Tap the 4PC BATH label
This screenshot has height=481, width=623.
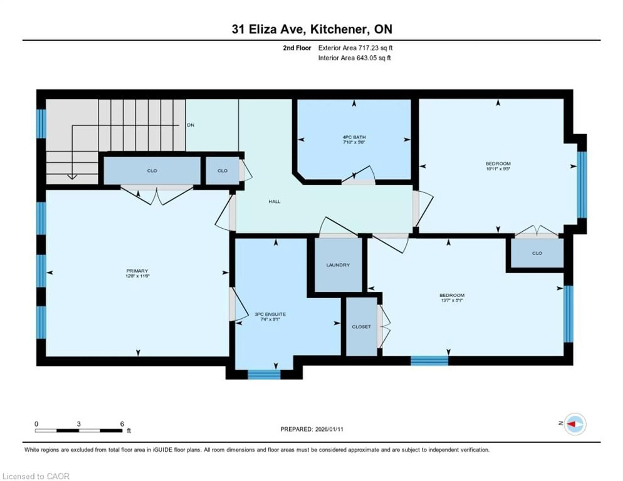(354, 137)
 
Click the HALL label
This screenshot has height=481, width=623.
(274, 202)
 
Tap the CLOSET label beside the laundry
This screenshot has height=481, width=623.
(361, 327)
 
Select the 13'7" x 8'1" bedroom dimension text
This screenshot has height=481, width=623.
(452, 300)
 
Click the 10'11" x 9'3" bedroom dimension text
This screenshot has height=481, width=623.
(498, 168)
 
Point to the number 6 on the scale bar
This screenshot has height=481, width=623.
(122, 424)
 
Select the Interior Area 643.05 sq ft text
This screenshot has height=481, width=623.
(354, 58)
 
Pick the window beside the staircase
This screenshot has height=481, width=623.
(41, 124)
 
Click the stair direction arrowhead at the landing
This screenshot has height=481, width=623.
(72, 177)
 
